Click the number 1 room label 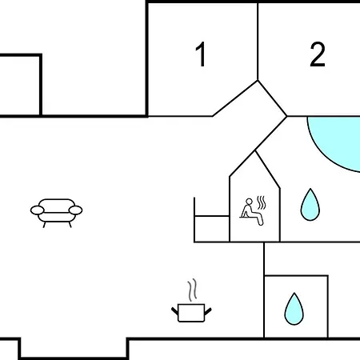tap(201, 54)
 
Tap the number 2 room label tap(318, 54)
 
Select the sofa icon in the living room tap(56, 213)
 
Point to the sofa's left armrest tap(37, 210)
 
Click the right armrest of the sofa tap(75, 210)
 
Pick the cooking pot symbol tap(191, 301)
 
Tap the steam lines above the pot tap(192, 290)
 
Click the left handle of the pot tap(175, 311)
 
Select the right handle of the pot tap(208, 311)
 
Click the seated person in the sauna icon tap(251, 212)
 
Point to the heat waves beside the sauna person tap(262, 202)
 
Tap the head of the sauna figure tap(249, 202)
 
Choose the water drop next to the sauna tap(310, 205)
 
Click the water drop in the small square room tap(294, 309)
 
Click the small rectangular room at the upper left tap(20, 86)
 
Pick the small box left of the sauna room tap(212, 229)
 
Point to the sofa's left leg tap(45, 225)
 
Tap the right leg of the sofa tap(70, 225)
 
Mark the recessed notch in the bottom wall tap(74, 348)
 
